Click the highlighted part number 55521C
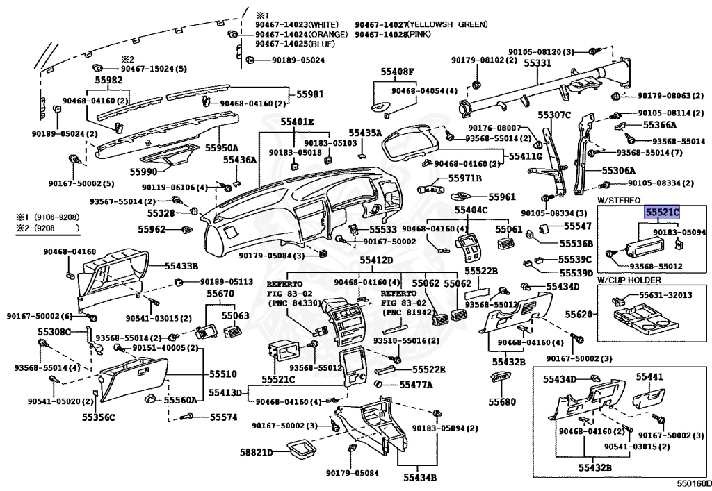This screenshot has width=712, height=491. tap(663, 213)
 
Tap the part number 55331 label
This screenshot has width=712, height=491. tap(537, 63)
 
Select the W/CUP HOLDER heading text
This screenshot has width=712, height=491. tap(629, 280)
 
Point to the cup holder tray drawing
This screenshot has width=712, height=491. tap(645, 319)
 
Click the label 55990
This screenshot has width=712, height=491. tap(143, 172)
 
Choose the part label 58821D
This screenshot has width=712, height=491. tap(257, 452)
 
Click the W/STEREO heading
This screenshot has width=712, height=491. tap(618, 201)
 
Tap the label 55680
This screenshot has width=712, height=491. tap(502, 401)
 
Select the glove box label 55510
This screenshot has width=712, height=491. tap(223, 374)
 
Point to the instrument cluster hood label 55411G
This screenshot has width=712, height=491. tap(526, 156)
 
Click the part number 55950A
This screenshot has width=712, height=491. tap(222, 148)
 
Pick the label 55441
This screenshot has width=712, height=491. tap(649, 376)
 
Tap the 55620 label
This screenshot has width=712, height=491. tap(578, 314)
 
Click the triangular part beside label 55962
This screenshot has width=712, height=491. tap(186, 230)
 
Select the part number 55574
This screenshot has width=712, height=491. tap(223, 417)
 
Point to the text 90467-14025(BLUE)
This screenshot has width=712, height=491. tap(295, 44)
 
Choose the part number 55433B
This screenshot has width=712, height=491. tap(181, 266)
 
